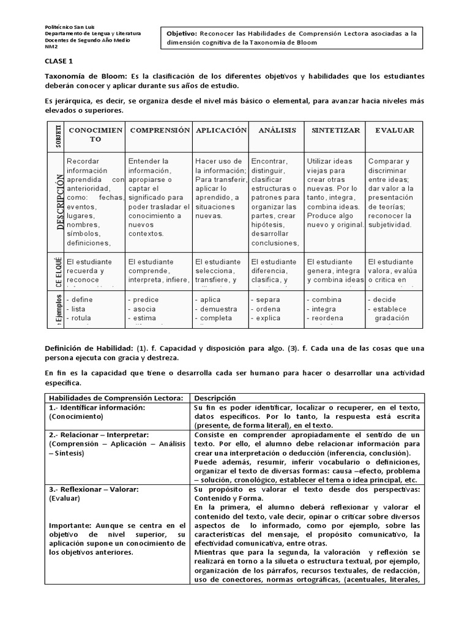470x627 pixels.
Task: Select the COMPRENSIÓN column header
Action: tap(160, 130)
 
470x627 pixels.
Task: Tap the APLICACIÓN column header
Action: tap(220, 130)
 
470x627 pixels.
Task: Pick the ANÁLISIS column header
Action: tap(277, 130)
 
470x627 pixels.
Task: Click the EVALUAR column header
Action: tap(394, 130)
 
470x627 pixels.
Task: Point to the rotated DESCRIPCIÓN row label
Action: tap(60, 201)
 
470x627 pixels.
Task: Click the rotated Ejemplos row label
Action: tap(59, 311)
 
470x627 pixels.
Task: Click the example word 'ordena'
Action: tap(268, 309)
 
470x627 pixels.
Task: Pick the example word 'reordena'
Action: tap(332, 318)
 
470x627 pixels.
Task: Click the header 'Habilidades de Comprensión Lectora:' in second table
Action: tap(116, 398)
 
